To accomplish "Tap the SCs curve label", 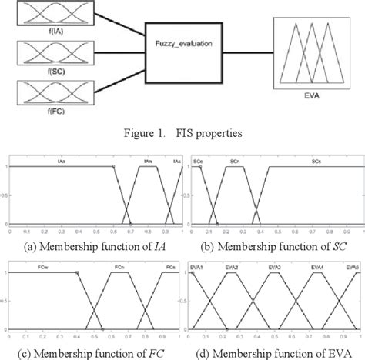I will pos(317,160).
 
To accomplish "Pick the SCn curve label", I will pos(234,160).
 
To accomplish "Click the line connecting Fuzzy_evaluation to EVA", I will pos(241,56).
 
